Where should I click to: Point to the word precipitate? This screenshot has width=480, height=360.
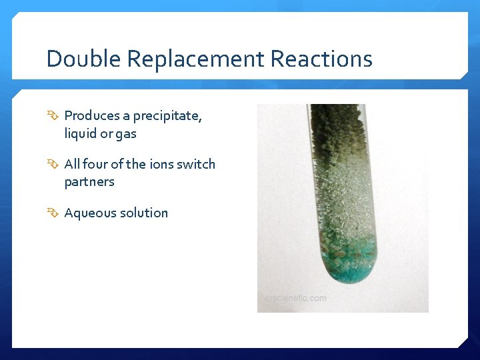point(167,116)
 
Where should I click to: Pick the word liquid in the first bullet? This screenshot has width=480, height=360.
point(79,133)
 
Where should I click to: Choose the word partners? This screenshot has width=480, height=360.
point(89,182)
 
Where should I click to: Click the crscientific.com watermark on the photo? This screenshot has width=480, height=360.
point(295,298)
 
